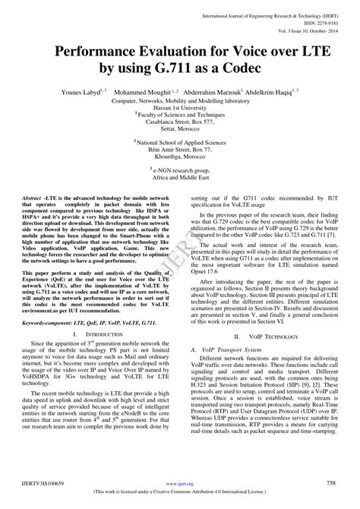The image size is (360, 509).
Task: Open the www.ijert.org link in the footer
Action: (x=180, y=482)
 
